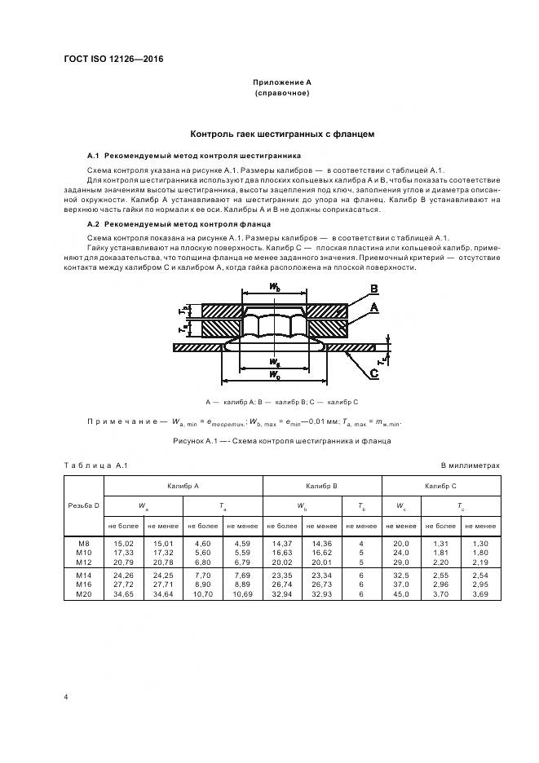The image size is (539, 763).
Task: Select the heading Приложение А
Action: [281, 83]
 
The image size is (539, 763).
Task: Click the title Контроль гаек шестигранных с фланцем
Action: [281, 134]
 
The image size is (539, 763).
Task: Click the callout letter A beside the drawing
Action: [373, 308]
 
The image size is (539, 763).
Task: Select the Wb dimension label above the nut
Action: [275, 287]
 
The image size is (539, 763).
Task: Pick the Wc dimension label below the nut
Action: [275, 374]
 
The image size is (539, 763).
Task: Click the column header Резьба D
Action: [85, 506]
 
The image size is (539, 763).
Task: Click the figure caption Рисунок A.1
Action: [282, 441]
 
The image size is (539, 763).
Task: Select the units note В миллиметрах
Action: [470, 465]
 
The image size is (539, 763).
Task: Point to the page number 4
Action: [66, 697]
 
